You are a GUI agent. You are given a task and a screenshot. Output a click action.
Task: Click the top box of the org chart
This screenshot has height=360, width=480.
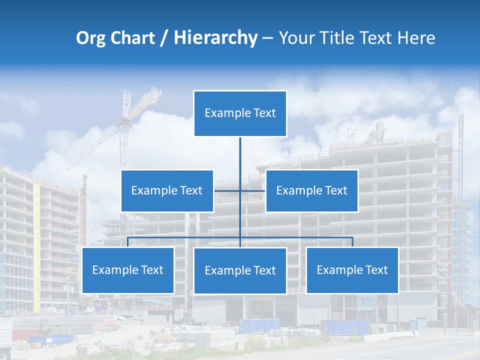click(240, 113)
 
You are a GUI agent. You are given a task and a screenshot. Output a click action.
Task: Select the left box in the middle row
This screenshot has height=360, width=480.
click(167, 190)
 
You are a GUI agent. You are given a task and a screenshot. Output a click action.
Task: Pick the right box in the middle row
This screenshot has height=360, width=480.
click(311, 190)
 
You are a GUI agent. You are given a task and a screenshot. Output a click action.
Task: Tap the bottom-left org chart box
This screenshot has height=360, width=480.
click(127, 270)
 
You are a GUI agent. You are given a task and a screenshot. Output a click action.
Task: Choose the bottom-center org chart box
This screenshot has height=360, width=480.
click(240, 270)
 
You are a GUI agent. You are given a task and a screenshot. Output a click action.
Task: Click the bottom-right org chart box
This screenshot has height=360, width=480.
click(352, 270)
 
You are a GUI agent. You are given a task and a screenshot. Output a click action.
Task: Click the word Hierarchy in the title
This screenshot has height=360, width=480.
click(215, 38)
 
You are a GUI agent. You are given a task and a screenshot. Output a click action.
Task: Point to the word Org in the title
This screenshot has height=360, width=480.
click(90, 38)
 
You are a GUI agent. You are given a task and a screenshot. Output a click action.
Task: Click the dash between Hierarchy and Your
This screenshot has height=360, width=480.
click(267, 38)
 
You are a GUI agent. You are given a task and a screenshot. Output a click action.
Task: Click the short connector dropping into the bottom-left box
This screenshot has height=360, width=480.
click(127, 242)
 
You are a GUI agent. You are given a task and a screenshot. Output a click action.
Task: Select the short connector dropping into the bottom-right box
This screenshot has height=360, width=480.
click(352, 242)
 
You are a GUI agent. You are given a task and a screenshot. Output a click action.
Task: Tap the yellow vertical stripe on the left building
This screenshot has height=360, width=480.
click(36, 240)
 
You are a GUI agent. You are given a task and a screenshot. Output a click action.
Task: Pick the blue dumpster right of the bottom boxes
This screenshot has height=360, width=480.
click(345, 327)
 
